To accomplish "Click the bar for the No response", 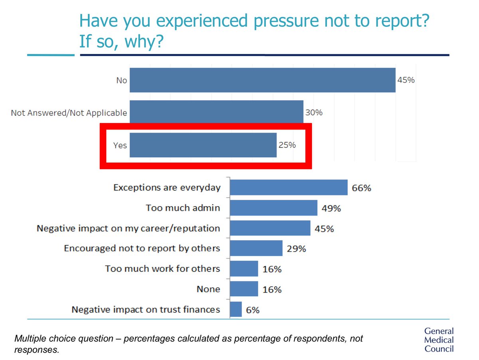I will coord(262,80).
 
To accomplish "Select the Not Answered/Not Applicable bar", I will coord(216,112).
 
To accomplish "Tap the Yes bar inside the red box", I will coord(203,145).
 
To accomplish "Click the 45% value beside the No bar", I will coord(406,80).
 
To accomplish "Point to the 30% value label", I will coord(313,113).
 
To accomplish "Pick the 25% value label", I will coord(287,145).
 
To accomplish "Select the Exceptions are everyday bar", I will coord(288,187).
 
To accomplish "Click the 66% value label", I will coord(361,188).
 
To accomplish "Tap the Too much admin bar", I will coord(273,208).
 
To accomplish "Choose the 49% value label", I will coord(331,208).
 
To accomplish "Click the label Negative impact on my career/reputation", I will coord(128,228).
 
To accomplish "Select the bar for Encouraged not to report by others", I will coord(256,248).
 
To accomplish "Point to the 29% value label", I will coord(296,249).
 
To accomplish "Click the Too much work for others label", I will coord(162,269).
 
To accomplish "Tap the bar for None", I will coord(244,289).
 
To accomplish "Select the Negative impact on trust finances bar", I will coord(236,309).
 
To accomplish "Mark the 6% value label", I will coord(252,310).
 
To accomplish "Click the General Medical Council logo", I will coord(439,340).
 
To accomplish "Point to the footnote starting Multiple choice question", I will coord(189,344).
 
